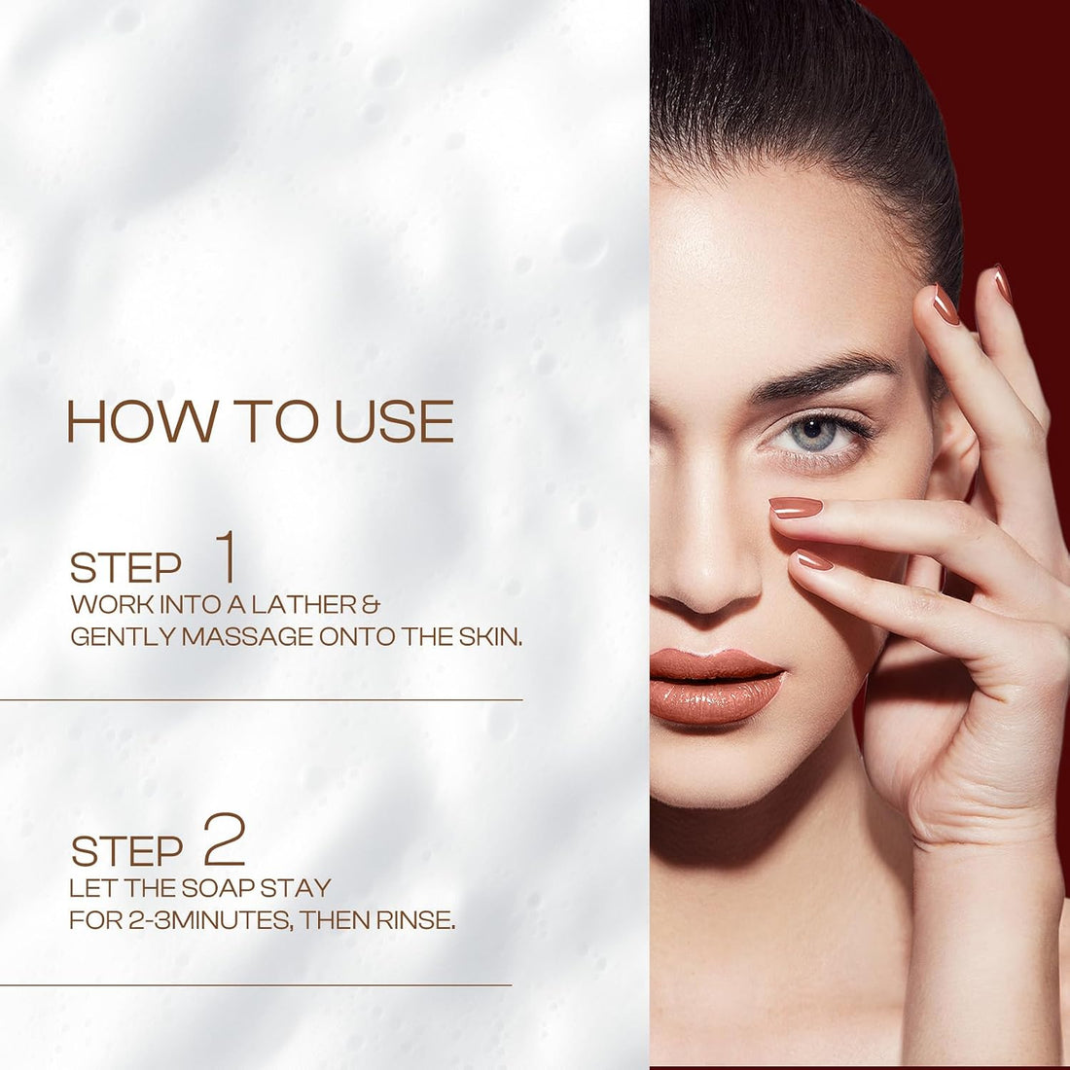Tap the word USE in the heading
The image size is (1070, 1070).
tap(394, 421)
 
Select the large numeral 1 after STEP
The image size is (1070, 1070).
tap(226, 556)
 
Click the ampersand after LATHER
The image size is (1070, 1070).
tap(371, 604)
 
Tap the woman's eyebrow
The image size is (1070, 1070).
tap(822, 374)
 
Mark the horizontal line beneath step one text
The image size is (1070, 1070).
tap(262, 699)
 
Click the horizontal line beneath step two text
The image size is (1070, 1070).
tap(256, 984)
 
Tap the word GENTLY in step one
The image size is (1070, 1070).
tap(124, 637)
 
